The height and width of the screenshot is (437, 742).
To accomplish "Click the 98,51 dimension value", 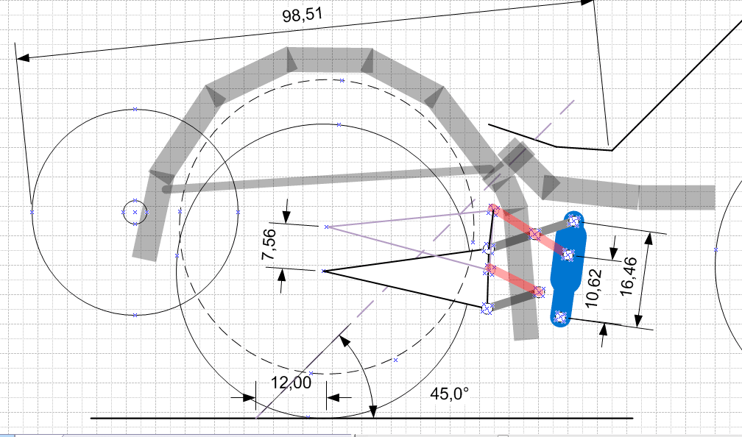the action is (x=302, y=15).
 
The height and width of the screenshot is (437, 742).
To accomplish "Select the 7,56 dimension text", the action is (x=269, y=244).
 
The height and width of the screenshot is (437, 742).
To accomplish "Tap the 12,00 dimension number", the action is (x=291, y=382).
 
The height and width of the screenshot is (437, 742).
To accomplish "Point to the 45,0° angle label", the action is (x=450, y=393).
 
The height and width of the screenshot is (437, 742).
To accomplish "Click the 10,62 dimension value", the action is (x=593, y=288).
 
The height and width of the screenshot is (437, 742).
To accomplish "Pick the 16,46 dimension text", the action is (x=629, y=276).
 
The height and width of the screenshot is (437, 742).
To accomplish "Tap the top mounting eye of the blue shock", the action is (x=574, y=221).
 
